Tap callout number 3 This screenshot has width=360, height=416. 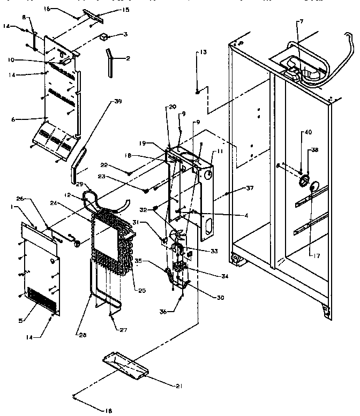(125, 35)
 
